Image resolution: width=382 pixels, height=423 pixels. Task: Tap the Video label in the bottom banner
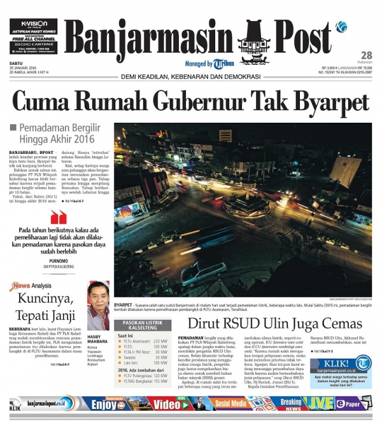[x=167, y=404]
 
